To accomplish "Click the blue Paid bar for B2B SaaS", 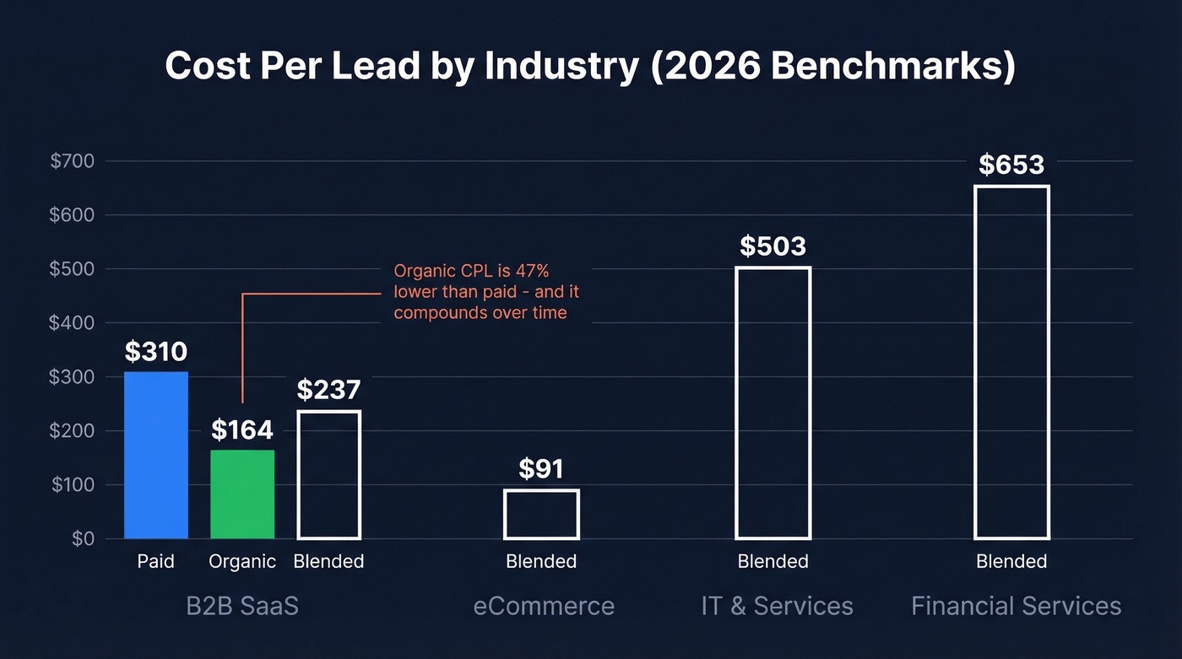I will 156,456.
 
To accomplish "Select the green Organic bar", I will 242,494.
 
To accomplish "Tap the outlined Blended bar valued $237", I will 329,475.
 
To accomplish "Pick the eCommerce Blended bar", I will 541,514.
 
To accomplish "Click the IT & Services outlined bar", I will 773,403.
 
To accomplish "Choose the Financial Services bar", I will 1011,363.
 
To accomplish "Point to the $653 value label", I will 1011,165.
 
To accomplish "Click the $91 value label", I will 541,468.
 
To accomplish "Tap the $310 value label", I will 156,351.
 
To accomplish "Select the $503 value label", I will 773,246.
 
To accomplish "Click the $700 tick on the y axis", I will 73,161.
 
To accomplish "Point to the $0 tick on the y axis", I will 83,538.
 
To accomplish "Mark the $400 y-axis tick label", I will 73,323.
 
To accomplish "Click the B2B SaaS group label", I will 242,606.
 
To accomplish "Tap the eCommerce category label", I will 544,606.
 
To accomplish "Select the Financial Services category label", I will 1016,606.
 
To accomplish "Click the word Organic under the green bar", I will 242,562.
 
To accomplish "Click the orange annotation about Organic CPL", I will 486,292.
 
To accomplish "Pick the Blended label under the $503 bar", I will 773,562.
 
